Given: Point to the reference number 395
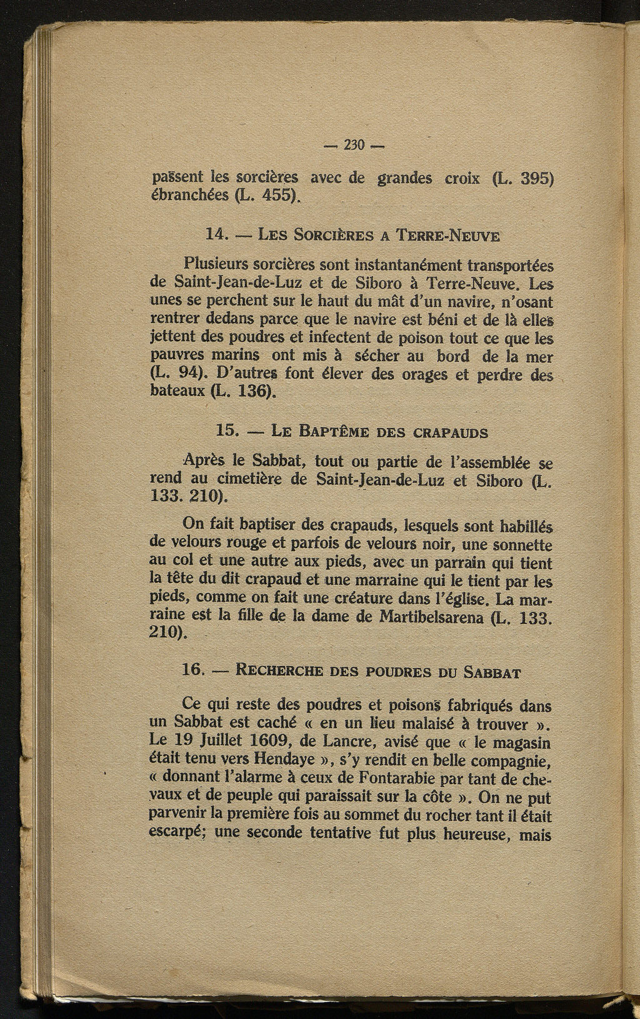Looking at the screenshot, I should (x=538, y=177).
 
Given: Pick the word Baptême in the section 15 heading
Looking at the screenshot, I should (x=338, y=431).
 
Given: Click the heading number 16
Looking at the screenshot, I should (x=192, y=670).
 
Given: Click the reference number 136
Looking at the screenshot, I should (x=254, y=392).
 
